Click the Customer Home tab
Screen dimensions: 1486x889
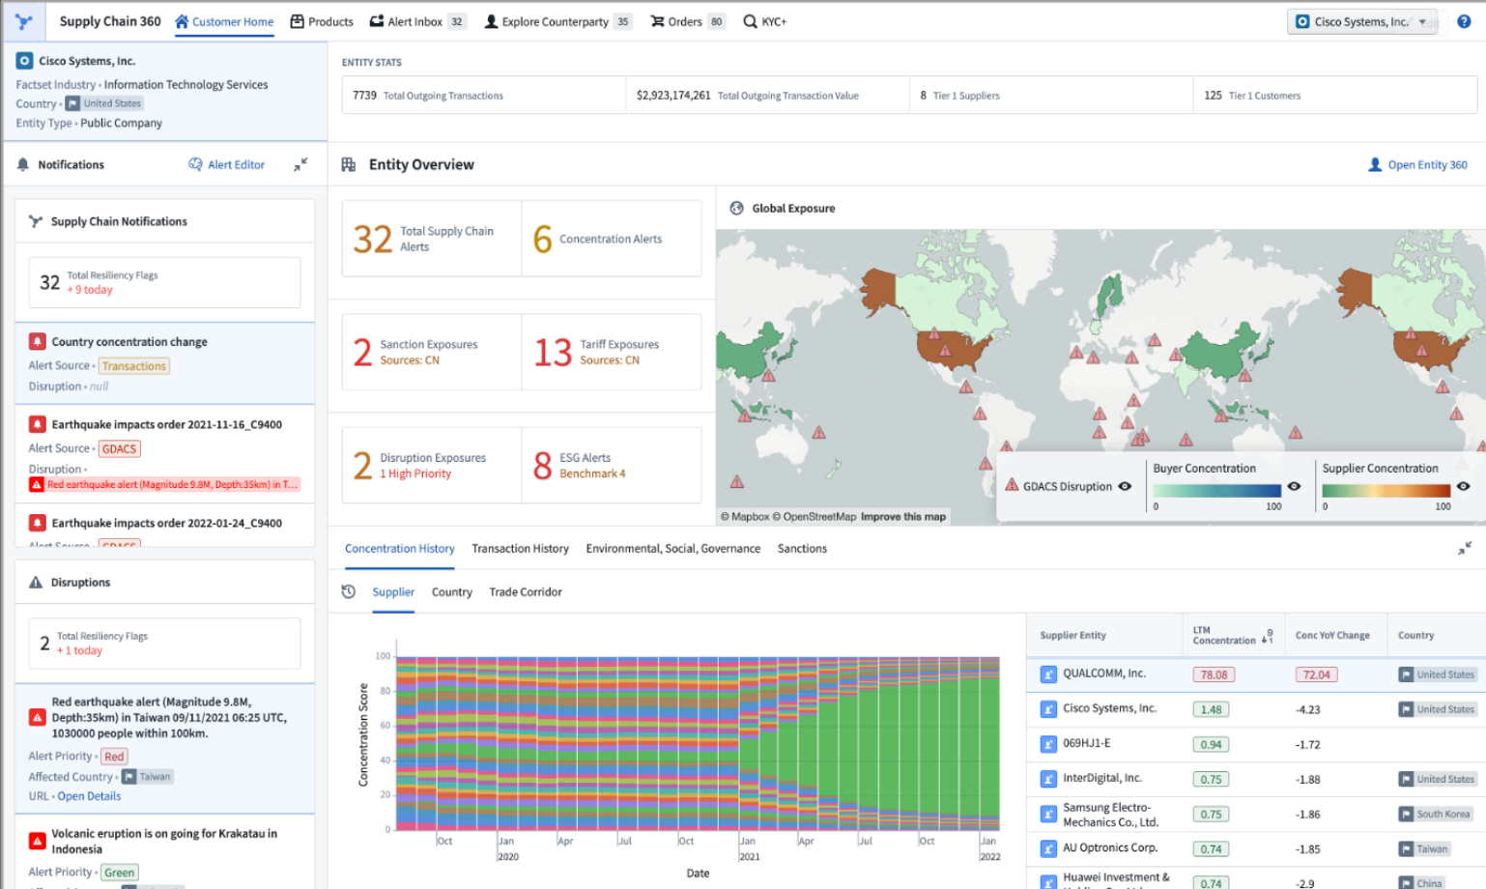224,21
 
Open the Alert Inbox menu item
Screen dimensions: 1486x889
414,21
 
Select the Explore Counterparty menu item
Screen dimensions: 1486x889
555,21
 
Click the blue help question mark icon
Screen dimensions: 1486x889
1464,21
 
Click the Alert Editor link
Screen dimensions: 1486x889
236,165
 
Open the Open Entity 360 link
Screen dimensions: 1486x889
1426,165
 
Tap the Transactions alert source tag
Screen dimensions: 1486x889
134,366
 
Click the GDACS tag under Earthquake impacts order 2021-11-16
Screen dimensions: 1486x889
120,449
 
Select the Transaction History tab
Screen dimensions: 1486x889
520,549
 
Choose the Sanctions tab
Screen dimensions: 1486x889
802,549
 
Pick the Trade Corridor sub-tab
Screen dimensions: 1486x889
525,592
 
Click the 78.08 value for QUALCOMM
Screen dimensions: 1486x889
1214,675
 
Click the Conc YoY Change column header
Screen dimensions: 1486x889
1331,636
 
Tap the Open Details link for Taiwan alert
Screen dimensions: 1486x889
89,796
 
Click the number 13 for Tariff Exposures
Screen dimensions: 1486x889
553,353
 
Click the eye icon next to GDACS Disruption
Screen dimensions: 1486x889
1125,486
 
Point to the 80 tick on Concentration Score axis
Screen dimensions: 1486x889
385,691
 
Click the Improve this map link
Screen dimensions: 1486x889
902,517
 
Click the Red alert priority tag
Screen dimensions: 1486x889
114,757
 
